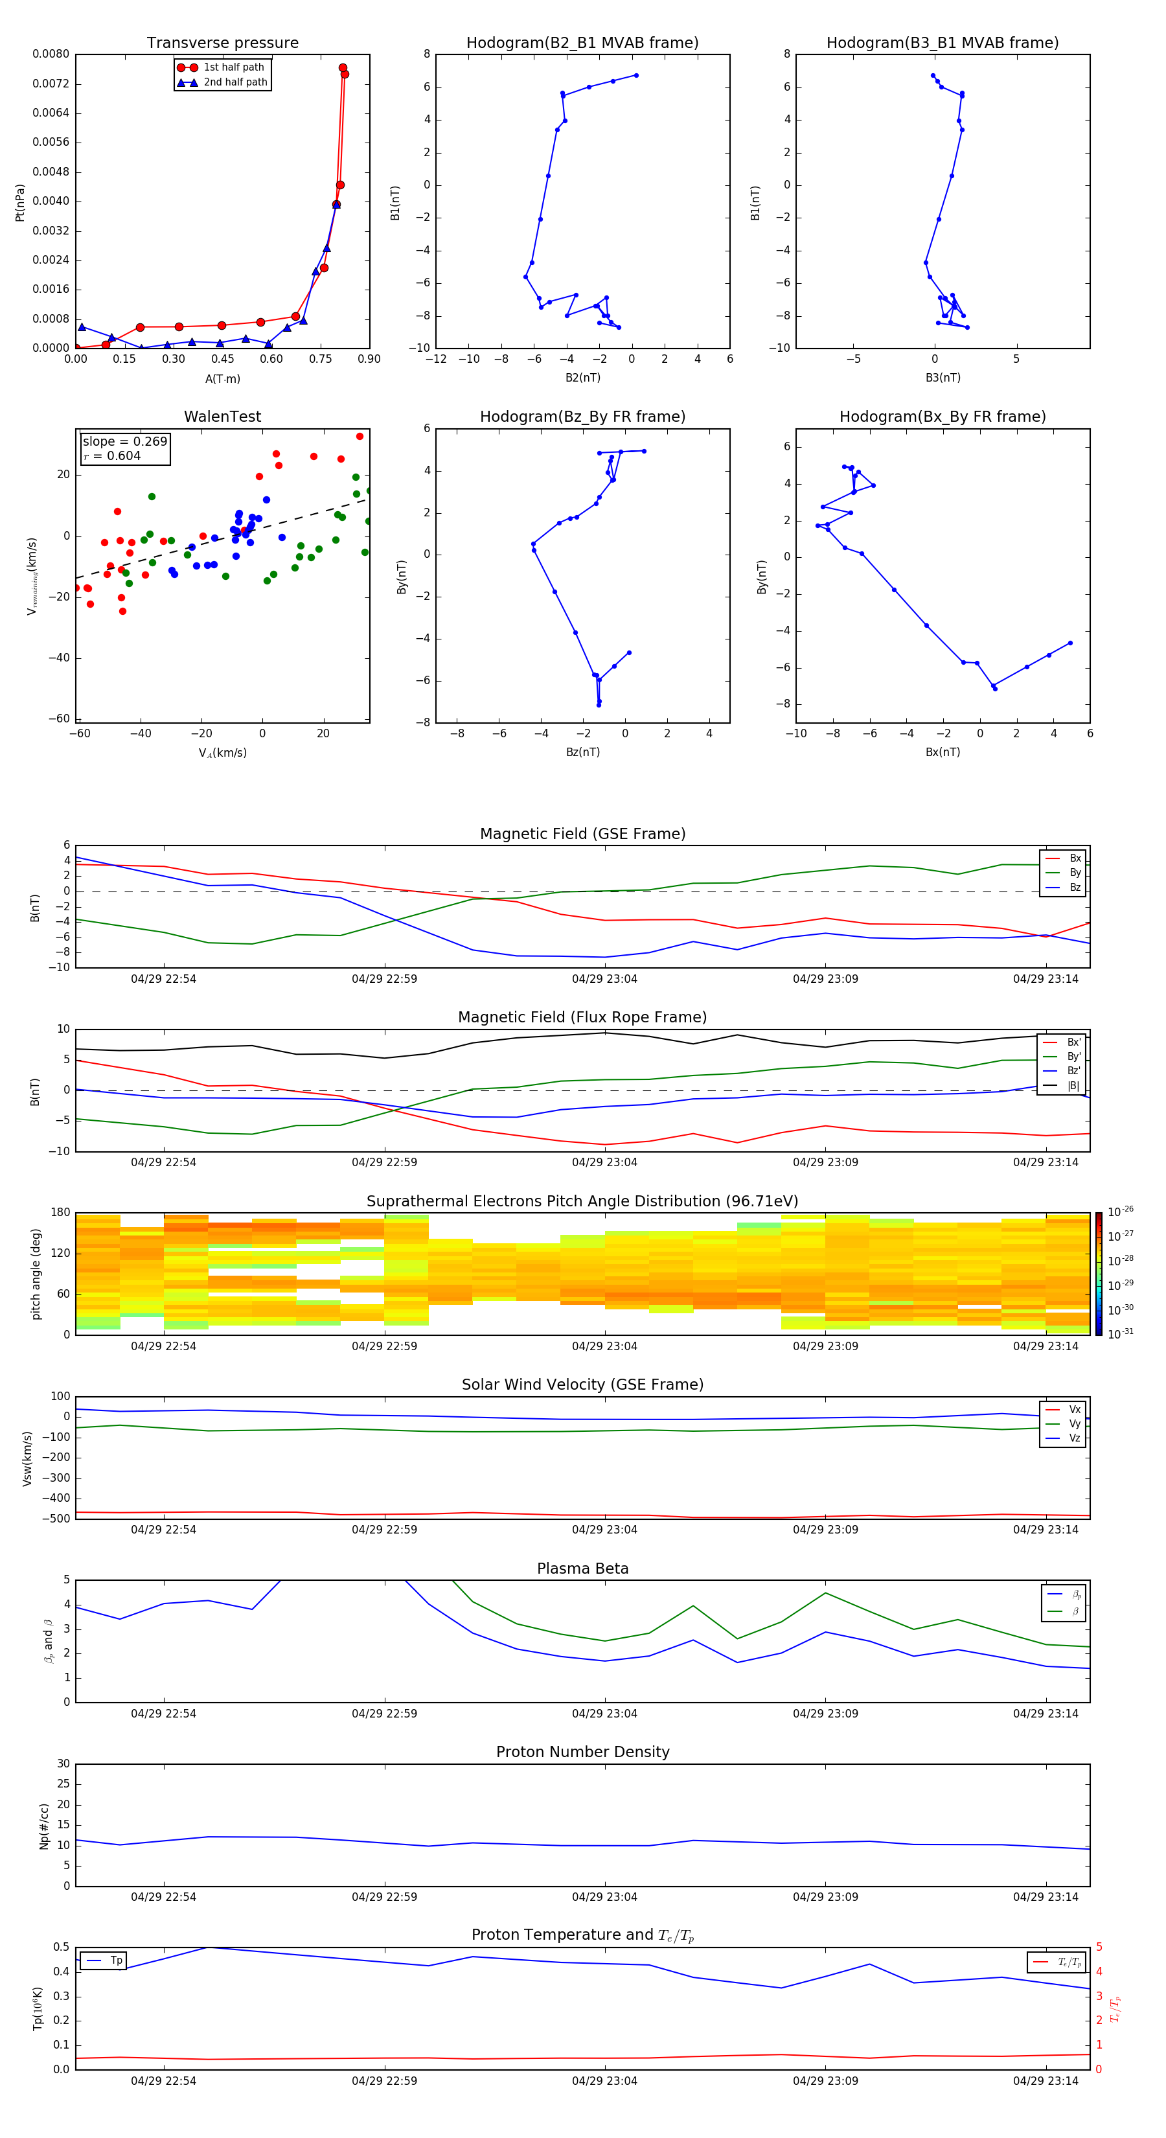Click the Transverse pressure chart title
pos(222,43)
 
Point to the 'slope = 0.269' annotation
pos(124,442)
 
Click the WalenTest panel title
pos(222,417)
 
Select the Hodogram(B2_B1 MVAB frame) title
pos(582,43)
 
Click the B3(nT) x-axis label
pos(943,378)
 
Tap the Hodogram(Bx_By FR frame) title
pos(942,417)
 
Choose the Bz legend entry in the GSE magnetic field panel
pos(1075,887)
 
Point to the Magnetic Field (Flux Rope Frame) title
pos(582,1018)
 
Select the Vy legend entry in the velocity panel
pos(1074,1423)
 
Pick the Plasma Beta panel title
pos(582,1569)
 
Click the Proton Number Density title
pos(582,1752)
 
